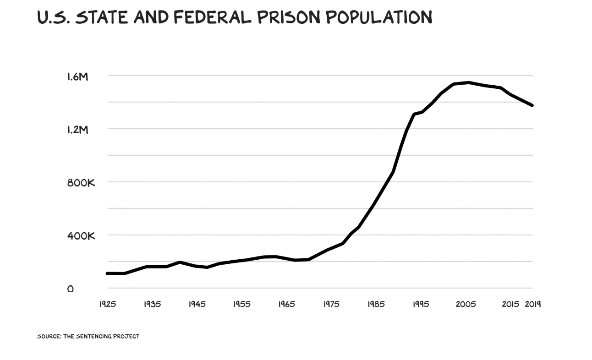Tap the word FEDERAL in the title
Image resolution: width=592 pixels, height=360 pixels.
pos(212,17)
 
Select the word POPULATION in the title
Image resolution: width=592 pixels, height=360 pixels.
pos(379,17)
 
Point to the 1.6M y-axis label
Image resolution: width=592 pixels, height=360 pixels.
pos(77,76)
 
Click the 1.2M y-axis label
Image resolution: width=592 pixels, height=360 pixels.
pos(77,130)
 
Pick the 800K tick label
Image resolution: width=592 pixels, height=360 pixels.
pos(81,183)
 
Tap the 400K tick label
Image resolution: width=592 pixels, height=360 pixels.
pos(81,236)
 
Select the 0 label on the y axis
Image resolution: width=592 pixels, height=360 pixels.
pos(70,289)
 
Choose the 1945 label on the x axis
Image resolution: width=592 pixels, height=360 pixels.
pos(197,304)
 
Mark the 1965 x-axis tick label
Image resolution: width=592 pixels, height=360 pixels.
pos(286,304)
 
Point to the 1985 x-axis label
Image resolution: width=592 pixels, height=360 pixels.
pos(376,304)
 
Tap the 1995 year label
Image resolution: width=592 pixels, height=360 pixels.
pos(421,304)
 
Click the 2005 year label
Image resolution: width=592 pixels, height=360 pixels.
pos(466,304)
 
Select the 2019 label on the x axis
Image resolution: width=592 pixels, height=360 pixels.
pos(533,304)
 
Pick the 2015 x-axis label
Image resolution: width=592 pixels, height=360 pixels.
pos(510,304)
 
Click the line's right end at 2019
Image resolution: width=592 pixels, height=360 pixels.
pos(532,105)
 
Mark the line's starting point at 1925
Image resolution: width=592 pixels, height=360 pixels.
pos(107,273)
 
